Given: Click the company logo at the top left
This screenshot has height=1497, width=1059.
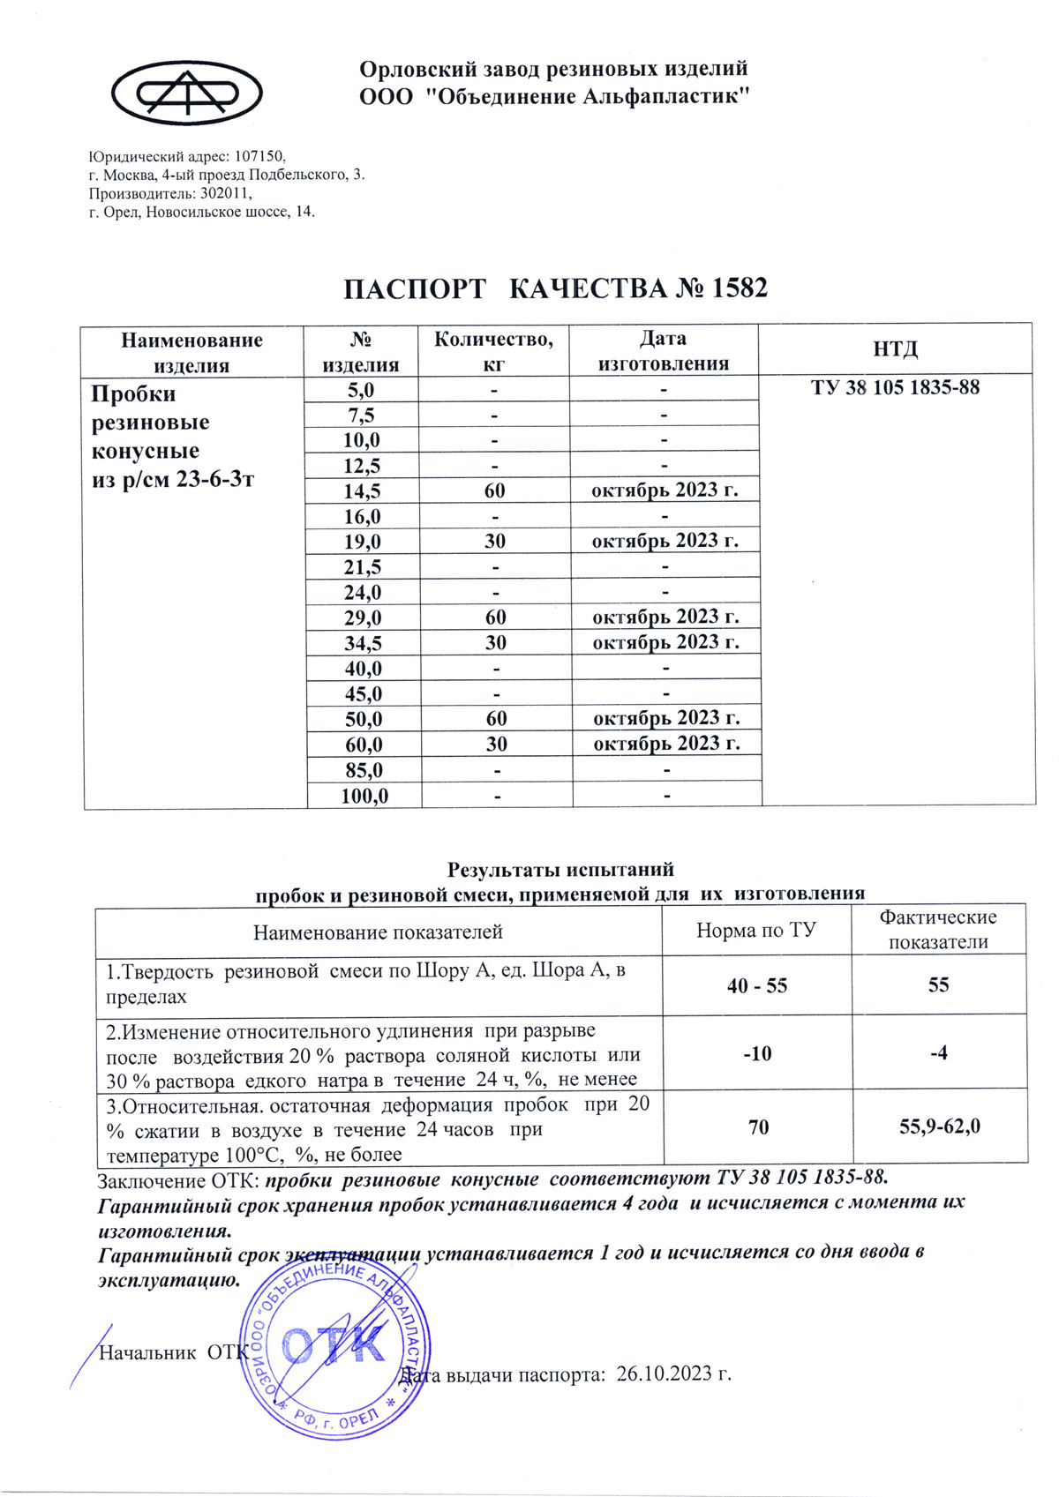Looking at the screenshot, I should [186, 92].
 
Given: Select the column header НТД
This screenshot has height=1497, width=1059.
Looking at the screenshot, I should [895, 349].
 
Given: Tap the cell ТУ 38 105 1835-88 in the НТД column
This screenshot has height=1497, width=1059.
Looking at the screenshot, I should [895, 388].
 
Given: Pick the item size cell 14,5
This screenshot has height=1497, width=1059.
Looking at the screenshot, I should [363, 490].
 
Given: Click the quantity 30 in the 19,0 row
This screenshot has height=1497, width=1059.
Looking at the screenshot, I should [495, 541].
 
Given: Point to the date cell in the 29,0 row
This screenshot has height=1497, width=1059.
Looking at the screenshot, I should [665, 617].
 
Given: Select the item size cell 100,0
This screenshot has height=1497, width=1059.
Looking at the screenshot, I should [364, 796].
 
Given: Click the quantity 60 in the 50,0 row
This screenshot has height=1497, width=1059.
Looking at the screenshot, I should [496, 718].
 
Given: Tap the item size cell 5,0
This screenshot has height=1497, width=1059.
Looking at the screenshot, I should [361, 389].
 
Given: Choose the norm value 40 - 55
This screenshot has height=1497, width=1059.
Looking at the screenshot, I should [757, 985].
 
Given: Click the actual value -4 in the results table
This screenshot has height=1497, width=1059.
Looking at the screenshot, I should [938, 1052].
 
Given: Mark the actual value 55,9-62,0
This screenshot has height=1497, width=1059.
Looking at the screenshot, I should [939, 1126].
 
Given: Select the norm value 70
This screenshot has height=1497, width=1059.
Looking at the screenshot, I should [758, 1126].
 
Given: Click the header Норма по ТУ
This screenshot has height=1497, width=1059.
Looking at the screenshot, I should [756, 931].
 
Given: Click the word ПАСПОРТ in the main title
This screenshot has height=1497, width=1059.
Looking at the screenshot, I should [414, 288].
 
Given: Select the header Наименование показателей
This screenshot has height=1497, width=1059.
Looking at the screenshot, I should [378, 932].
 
